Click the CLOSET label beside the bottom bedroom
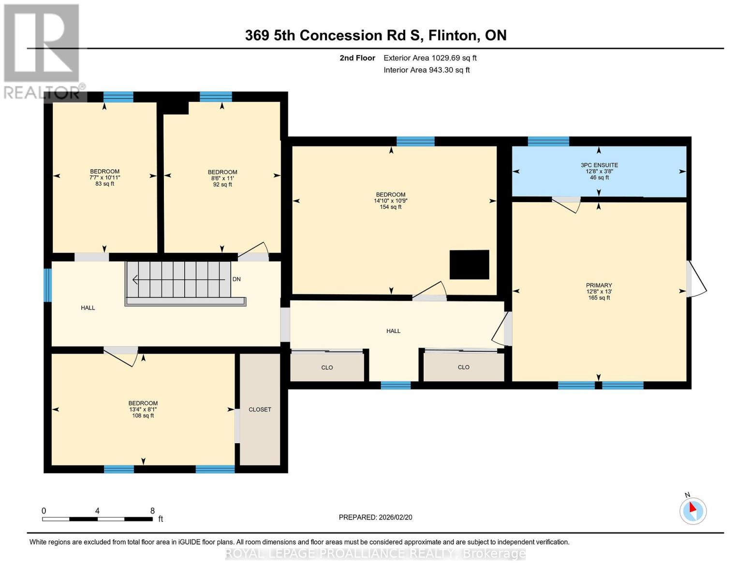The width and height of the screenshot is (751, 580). [260, 409]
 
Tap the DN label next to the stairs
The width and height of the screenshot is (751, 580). [236, 279]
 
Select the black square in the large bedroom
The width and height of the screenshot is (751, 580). [469, 264]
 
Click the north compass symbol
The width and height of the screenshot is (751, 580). [692, 510]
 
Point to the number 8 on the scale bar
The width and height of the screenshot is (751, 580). [152, 511]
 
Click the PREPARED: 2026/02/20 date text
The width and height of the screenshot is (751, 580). [375, 517]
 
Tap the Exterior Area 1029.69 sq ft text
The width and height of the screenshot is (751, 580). [430, 58]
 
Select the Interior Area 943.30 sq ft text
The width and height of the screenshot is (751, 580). [427, 70]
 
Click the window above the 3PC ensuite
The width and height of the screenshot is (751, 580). [548, 141]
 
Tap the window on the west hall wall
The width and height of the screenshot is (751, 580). [47, 285]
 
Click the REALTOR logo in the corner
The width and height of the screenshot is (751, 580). [43, 51]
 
